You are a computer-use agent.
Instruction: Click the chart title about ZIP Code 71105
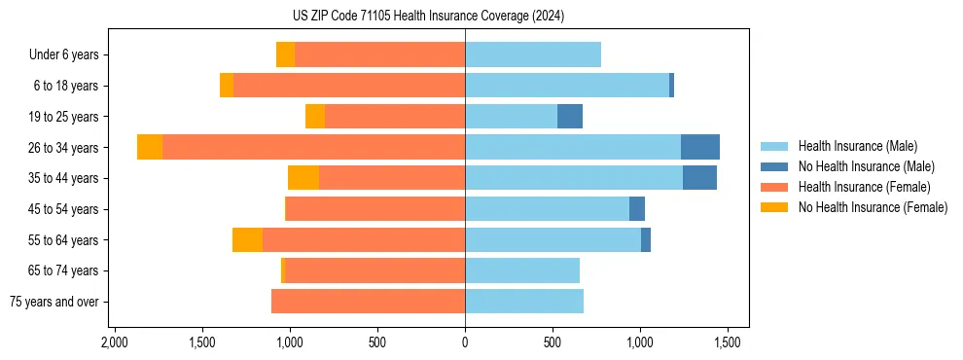[428, 16]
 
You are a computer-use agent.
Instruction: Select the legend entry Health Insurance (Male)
[857, 146]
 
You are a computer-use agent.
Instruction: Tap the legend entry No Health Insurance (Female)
[873, 207]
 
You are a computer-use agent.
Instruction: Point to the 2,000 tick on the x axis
[115, 343]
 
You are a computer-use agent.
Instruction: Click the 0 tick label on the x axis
[465, 343]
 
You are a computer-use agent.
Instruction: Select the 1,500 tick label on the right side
[728, 343]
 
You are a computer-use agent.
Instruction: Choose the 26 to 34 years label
[65, 148]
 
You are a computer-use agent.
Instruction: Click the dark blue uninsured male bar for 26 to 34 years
[700, 147]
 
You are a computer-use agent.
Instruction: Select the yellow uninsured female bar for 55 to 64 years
[247, 239]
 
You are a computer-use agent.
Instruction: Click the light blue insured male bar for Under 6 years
[533, 54]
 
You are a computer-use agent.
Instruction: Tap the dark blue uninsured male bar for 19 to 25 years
[570, 117]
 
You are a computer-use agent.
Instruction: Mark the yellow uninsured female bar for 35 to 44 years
[303, 178]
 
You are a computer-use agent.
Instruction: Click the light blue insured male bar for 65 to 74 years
[522, 270]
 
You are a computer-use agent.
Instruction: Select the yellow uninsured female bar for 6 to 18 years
[227, 86]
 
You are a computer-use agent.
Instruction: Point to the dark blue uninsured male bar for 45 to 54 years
[637, 208]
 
